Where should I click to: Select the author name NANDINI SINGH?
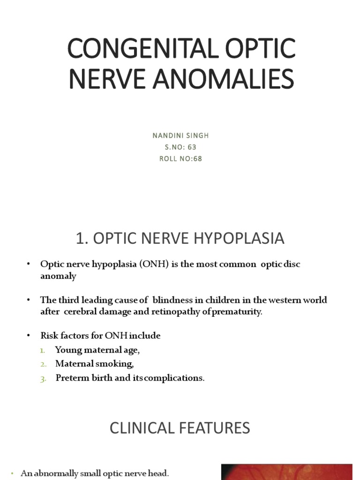coord(180,135)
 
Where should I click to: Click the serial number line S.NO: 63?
coord(180,147)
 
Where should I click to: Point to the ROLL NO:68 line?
coord(180,158)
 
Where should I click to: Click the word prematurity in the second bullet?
coord(238,312)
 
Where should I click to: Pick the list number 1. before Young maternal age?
coord(43,350)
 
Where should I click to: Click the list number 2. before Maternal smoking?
coord(43,364)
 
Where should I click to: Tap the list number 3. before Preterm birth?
coord(43,378)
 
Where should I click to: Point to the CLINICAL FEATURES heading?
coord(180,427)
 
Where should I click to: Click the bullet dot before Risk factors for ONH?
coord(29,336)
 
